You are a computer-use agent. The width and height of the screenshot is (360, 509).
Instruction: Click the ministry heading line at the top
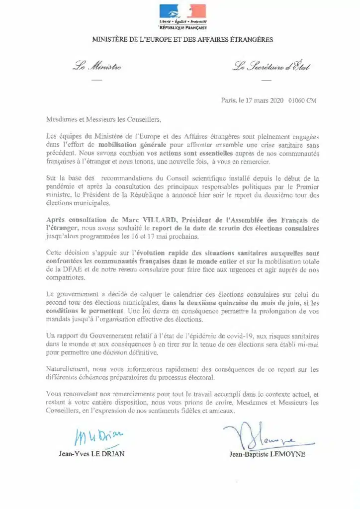coord(182,39)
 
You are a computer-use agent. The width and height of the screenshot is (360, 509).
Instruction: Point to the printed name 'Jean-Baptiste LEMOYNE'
coord(267,454)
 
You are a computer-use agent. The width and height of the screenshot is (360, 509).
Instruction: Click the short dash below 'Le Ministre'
coord(95,80)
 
